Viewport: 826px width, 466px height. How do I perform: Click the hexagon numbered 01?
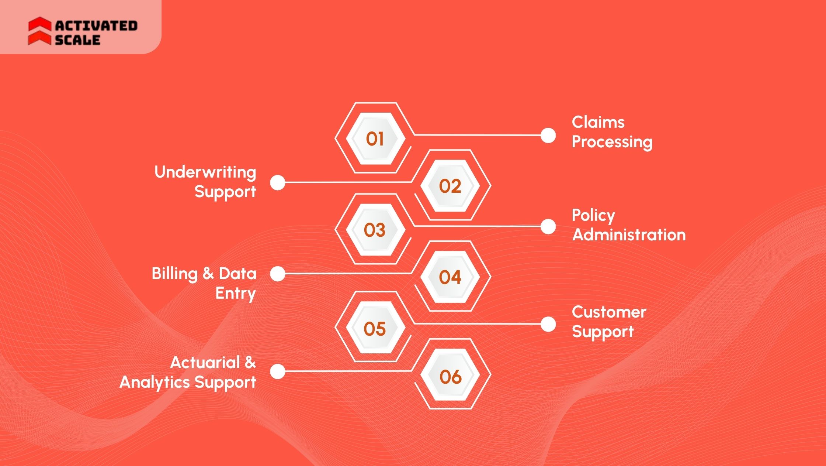tap(375, 138)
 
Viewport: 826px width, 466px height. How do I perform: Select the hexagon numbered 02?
tap(450, 185)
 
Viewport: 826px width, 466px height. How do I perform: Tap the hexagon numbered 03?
tap(375, 230)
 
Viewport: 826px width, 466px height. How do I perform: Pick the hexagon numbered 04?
tap(450, 277)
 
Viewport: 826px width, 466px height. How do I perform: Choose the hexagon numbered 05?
tap(375, 328)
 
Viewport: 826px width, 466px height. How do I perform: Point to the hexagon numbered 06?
tap(450, 376)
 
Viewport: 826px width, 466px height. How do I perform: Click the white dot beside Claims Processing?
tap(548, 135)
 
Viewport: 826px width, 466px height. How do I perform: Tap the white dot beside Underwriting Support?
tap(278, 182)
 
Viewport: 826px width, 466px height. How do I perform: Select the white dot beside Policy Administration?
tap(548, 226)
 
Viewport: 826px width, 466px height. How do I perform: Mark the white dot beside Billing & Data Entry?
tap(278, 274)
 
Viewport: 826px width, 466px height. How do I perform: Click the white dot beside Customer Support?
tap(548, 324)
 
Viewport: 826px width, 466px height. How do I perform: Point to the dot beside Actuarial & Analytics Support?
tap(278, 371)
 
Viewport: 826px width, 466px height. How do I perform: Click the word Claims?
tap(598, 122)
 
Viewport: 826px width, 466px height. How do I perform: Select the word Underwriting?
tap(205, 172)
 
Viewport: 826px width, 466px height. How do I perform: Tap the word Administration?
tap(629, 235)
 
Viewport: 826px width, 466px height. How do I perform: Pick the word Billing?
tap(175, 274)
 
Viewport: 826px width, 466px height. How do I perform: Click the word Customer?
tap(609, 312)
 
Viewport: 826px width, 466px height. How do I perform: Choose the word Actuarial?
tap(205, 363)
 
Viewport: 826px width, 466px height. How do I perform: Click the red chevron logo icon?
tap(39, 31)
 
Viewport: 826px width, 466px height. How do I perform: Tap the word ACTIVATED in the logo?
tap(96, 25)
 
